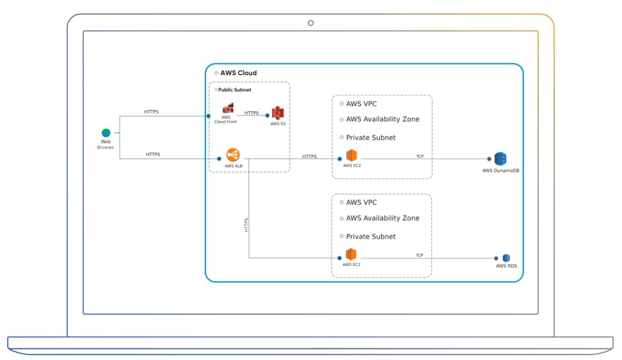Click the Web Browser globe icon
click(106, 133)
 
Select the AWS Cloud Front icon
click(228, 109)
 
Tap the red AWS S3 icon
click(278, 113)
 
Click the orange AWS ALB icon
click(233, 155)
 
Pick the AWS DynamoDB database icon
click(500, 159)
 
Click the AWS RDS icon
click(505, 258)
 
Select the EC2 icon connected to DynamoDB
click(351, 155)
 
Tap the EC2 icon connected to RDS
click(350, 254)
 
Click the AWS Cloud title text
click(238, 73)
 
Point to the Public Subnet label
click(234, 90)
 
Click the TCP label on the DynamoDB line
click(420, 156)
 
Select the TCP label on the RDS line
click(419, 255)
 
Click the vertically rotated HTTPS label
click(246, 225)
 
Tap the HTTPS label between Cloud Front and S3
click(251, 113)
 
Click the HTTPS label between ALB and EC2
click(309, 156)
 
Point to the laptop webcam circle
click(310, 23)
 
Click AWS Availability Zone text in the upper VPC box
click(382, 119)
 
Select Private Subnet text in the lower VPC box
click(371, 236)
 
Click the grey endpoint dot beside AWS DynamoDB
click(489, 159)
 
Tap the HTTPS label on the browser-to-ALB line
click(152, 154)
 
